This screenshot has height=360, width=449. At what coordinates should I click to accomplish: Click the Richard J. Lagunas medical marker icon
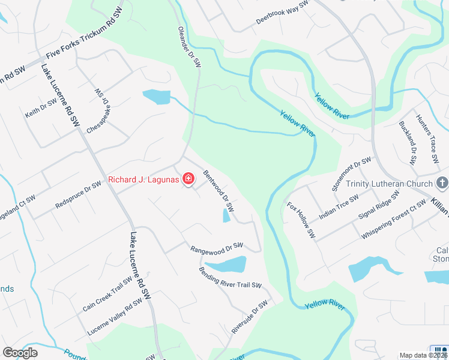(188, 179)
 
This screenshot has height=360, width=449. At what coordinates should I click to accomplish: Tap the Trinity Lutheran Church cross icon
(442, 183)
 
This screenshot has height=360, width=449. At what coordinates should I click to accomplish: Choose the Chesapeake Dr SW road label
(99, 112)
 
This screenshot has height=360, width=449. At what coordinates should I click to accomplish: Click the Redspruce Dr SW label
(78, 194)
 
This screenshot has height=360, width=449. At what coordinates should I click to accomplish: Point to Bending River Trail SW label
(231, 277)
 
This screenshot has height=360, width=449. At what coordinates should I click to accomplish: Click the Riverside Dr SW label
(249, 317)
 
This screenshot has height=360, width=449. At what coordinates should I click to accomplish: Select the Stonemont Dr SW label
(352, 173)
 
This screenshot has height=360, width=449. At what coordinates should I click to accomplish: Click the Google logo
(20, 353)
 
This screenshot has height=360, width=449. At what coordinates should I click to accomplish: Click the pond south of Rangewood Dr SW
(226, 264)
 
